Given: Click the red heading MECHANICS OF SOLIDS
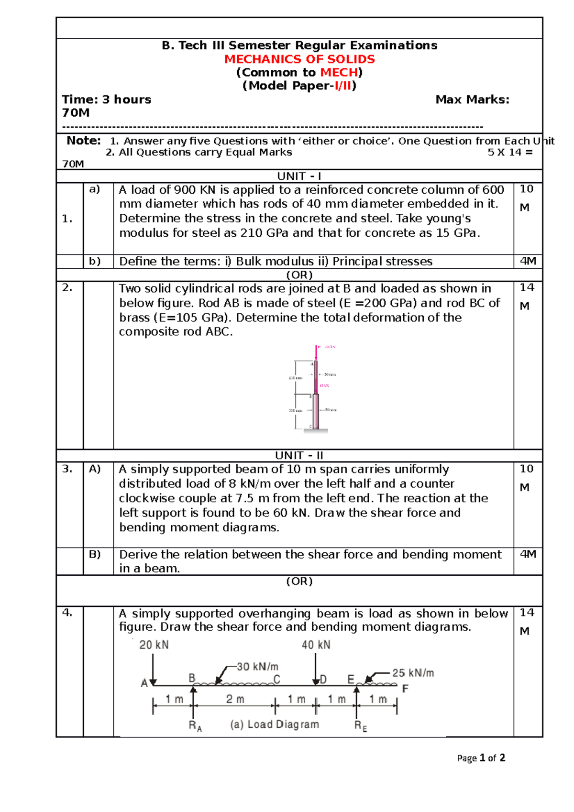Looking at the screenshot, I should [299, 59].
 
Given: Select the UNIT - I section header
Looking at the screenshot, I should [299, 176].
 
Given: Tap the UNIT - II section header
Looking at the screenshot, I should [299, 455].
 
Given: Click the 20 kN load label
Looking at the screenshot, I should [154, 645].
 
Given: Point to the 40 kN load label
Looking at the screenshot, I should [316, 645].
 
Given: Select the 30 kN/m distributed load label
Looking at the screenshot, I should [257, 667].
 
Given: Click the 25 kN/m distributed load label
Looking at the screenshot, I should [413, 673].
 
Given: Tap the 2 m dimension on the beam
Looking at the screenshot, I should [235, 699].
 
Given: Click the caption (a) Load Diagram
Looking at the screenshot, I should [274, 724].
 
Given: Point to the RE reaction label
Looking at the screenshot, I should [361, 726].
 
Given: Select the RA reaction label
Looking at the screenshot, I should [195, 726].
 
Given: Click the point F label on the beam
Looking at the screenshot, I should [405, 689].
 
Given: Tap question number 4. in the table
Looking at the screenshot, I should [67, 613].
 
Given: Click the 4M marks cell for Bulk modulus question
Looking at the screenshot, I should [528, 261].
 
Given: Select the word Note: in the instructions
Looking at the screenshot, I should [84, 141].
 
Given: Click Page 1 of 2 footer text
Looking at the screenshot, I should [481, 758].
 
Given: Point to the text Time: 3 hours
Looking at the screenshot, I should [106, 99].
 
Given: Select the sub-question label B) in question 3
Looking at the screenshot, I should [95, 554].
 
